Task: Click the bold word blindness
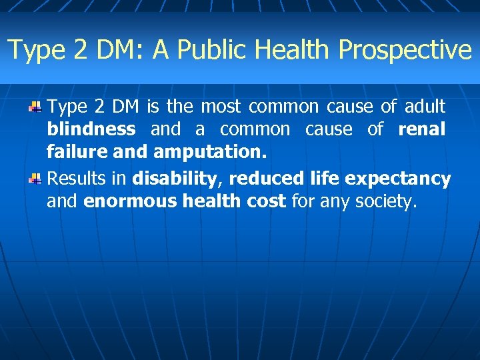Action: pos(91,129)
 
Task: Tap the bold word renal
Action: pos(421,129)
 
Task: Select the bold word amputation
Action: pos(210,153)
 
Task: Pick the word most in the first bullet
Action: pos(225,106)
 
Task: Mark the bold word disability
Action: pos(175,179)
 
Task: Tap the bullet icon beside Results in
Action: pos(36,179)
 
